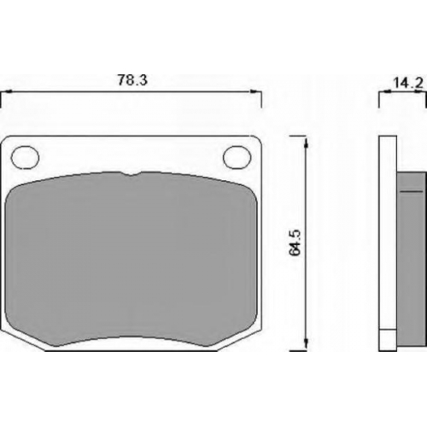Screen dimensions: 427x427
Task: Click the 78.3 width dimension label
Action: pyautogui.click(x=132, y=80)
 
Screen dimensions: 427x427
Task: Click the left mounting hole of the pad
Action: pyautogui.click(x=25, y=157)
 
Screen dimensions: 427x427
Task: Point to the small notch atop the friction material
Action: pyautogui.click(x=131, y=173)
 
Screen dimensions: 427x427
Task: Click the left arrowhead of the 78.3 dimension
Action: pyautogui.click(x=6, y=91)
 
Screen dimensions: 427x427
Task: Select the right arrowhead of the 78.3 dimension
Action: pyautogui.click(x=255, y=91)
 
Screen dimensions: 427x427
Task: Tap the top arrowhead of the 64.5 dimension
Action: pyautogui.click(x=306, y=143)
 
